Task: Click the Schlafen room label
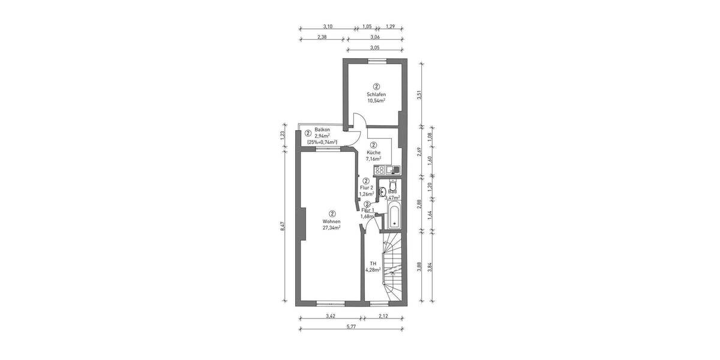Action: coord(376,95)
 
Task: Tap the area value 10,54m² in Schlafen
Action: coord(376,101)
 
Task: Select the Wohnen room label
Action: coord(331,221)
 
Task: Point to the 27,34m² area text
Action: coord(331,228)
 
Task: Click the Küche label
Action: coord(373,152)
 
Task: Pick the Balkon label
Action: coord(322,130)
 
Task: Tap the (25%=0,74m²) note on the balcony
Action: coord(322,142)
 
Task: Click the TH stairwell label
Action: coord(373,263)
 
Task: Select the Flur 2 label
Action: coord(366,187)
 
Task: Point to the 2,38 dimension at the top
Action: coord(322,37)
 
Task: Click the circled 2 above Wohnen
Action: coord(331,213)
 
